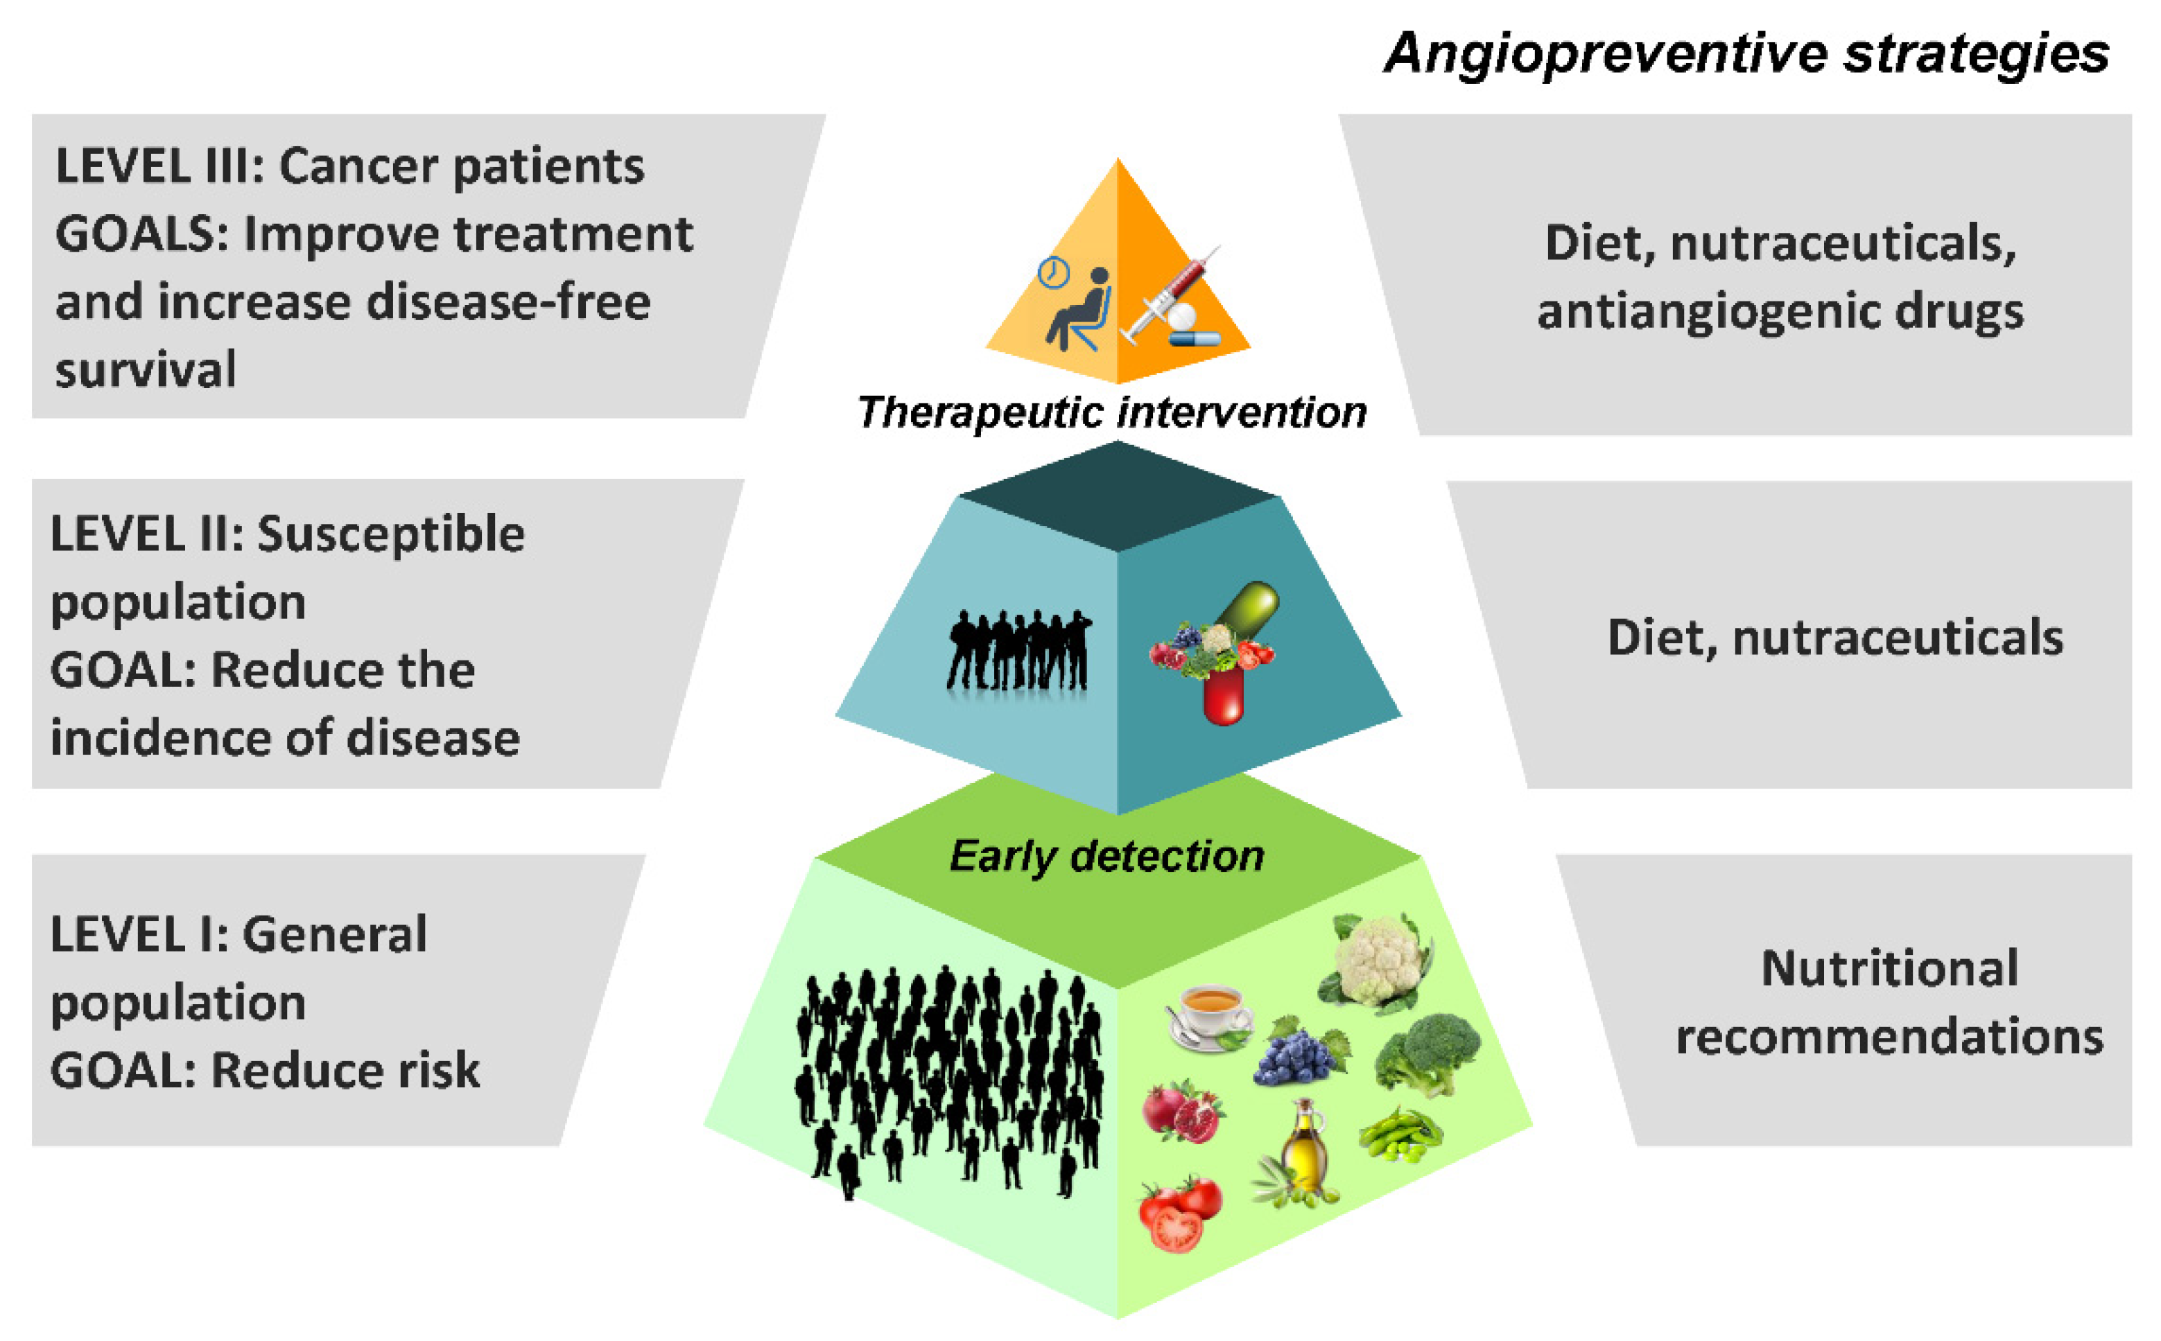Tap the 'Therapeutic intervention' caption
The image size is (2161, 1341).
[x=1111, y=412]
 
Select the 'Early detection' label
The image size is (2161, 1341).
[x=1106, y=856]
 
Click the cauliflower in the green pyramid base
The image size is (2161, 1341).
[x=1378, y=963]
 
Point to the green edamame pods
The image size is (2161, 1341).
[x=1400, y=1134]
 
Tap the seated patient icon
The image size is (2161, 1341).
[x=1079, y=310]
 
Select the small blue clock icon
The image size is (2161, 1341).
[x=1053, y=272]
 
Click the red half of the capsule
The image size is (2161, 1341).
[x=1224, y=697]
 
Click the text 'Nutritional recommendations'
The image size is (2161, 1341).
[x=1889, y=1002]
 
